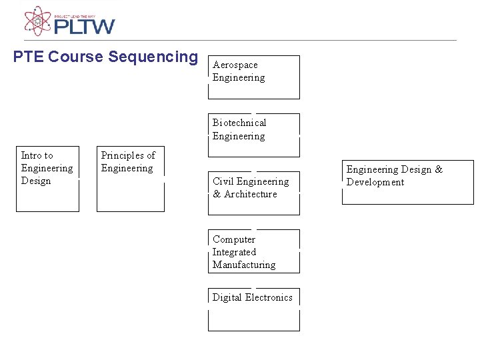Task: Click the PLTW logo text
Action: coord(84,26)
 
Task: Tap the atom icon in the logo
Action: coord(38,21)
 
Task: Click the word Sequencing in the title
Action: coord(153,57)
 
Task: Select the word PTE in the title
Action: coord(29,57)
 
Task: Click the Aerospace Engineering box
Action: coord(254,77)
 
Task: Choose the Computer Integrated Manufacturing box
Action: coord(254,251)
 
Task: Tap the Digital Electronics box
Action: coord(254,309)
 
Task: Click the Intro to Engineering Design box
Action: coord(47,179)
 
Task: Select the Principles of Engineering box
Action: coord(131,179)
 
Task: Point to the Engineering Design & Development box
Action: coord(407,182)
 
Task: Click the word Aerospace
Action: coord(235,65)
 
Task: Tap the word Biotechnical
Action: coord(239,123)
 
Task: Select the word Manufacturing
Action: coord(244,265)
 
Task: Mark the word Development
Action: coord(375,182)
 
